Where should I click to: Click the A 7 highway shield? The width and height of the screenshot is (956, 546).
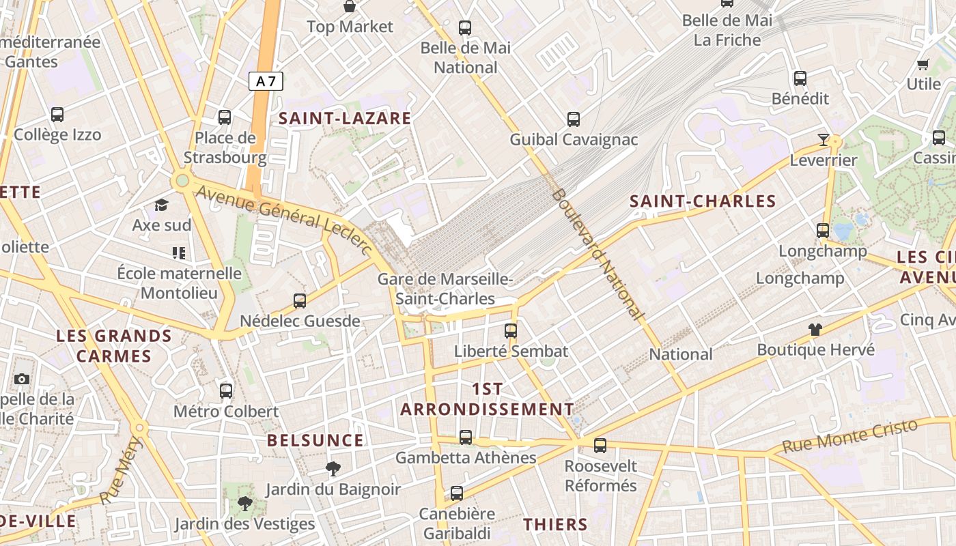tap(266, 82)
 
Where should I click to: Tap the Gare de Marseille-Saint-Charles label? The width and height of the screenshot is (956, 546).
tap(445, 289)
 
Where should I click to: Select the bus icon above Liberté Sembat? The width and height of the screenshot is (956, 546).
tap(511, 331)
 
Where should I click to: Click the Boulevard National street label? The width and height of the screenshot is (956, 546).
tap(597, 255)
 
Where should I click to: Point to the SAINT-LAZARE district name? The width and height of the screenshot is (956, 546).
tap(345, 118)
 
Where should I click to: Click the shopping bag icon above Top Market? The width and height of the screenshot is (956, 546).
tap(350, 7)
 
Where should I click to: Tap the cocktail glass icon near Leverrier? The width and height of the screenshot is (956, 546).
tap(824, 140)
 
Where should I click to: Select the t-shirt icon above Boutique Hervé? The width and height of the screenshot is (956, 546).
tap(815, 330)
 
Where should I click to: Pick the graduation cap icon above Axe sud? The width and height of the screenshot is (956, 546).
tap(161, 205)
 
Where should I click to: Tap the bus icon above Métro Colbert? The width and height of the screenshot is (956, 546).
tap(226, 391)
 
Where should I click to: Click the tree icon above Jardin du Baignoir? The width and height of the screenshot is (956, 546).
tap(333, 469)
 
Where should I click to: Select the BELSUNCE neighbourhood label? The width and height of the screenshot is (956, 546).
tap(315, 440)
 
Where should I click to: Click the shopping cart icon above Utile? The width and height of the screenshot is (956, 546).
tap(923, 65)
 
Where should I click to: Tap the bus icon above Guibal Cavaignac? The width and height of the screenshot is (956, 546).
tap(574, 119)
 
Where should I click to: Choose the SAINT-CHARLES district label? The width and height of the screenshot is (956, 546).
tap(703, 201)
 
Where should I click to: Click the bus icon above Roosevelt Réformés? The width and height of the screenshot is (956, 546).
tap(600, 446)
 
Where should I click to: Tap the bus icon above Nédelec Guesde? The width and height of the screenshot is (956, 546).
tap(299, 300)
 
